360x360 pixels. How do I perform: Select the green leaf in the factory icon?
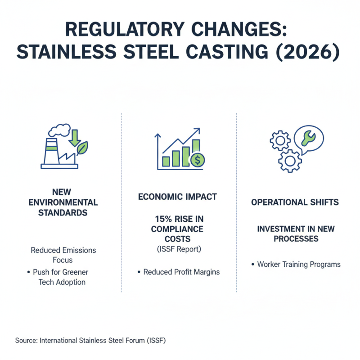pyautogui.click(x=83, y=147)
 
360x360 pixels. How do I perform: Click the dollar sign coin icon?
pyautogui.click(x=197, y=159)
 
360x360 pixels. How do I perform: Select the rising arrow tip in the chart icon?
pyautogui.click(x=197, y=130)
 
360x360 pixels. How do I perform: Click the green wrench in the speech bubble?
pyautogui.click(x=309, y=138)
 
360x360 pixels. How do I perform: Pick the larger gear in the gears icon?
pyautogui.click(x=289, y=160)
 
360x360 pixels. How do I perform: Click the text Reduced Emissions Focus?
pyautogui.click(x=63, y=255)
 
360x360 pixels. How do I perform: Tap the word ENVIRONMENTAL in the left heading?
pyautogui.click(x=63, y=202)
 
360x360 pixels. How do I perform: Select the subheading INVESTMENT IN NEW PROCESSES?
pyautogui.click(x=296, y=234)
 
